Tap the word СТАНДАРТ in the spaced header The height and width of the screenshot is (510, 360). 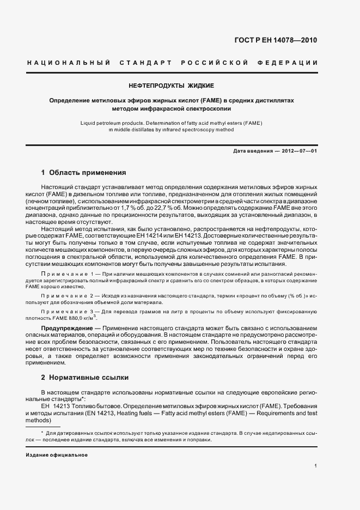[x=142, y=63]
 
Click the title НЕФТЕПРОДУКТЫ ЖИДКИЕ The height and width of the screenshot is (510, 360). [x=171, y=86]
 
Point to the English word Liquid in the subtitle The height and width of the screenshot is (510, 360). [x=88, y=123]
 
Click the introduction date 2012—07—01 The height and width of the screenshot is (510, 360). [x=298, y=150]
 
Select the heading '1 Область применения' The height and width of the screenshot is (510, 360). [x=84, y=173]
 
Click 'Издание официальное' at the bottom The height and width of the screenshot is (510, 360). [x=57, y=454]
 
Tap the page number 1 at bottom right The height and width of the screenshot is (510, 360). [x=315, y=466]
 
